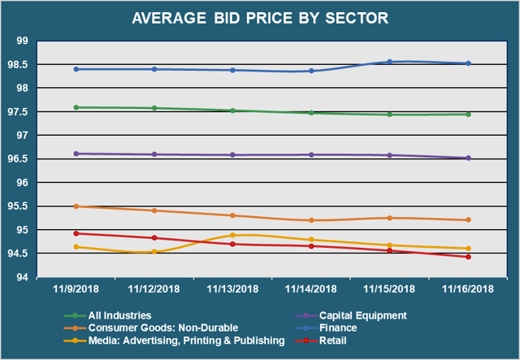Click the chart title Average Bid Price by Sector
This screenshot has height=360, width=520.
click(261, 18)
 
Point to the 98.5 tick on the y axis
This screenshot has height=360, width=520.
click(38, 64)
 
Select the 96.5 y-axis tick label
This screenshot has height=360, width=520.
click(38, 159)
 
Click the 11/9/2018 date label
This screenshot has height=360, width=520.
click(76, 288)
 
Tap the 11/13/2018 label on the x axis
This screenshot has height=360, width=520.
click(233, 288)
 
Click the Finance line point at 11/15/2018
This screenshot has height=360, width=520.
click(390, 62)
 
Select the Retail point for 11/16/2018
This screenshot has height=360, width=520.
click(469, 257)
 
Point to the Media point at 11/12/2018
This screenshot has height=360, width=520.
click(154, 252)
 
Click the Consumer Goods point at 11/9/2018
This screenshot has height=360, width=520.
click(76, 206)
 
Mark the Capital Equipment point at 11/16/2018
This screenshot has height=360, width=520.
click(469, 158)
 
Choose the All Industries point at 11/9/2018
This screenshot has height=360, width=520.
click(76, 107)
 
